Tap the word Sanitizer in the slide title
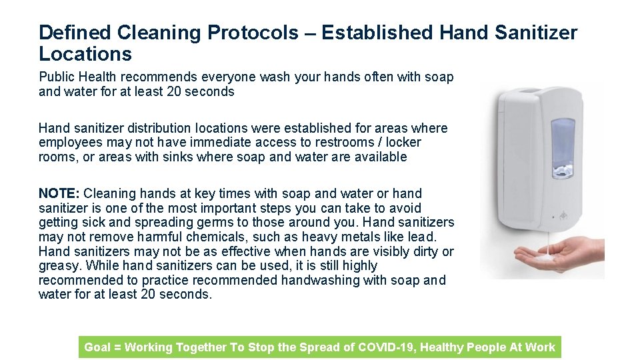coord(532,33)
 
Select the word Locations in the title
coord(85,54)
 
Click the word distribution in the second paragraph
coord(163,128)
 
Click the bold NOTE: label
coord(59,193)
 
